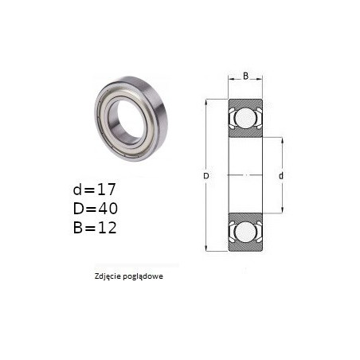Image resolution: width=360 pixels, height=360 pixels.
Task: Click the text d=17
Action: pos(95,190)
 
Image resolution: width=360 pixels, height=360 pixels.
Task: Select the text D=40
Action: pos(96,209)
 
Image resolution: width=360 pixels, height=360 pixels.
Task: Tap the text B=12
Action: pos(95,228)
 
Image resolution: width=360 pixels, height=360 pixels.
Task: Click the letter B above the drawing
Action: pos(245,76)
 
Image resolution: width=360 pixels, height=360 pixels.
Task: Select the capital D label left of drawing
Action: pos(206,176)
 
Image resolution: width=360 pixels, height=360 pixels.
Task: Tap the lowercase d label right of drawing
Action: pos(281,175)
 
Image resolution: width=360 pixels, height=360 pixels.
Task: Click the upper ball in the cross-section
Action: pos(245,118)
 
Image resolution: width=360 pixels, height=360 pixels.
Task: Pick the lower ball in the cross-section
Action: pos(245,232)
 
